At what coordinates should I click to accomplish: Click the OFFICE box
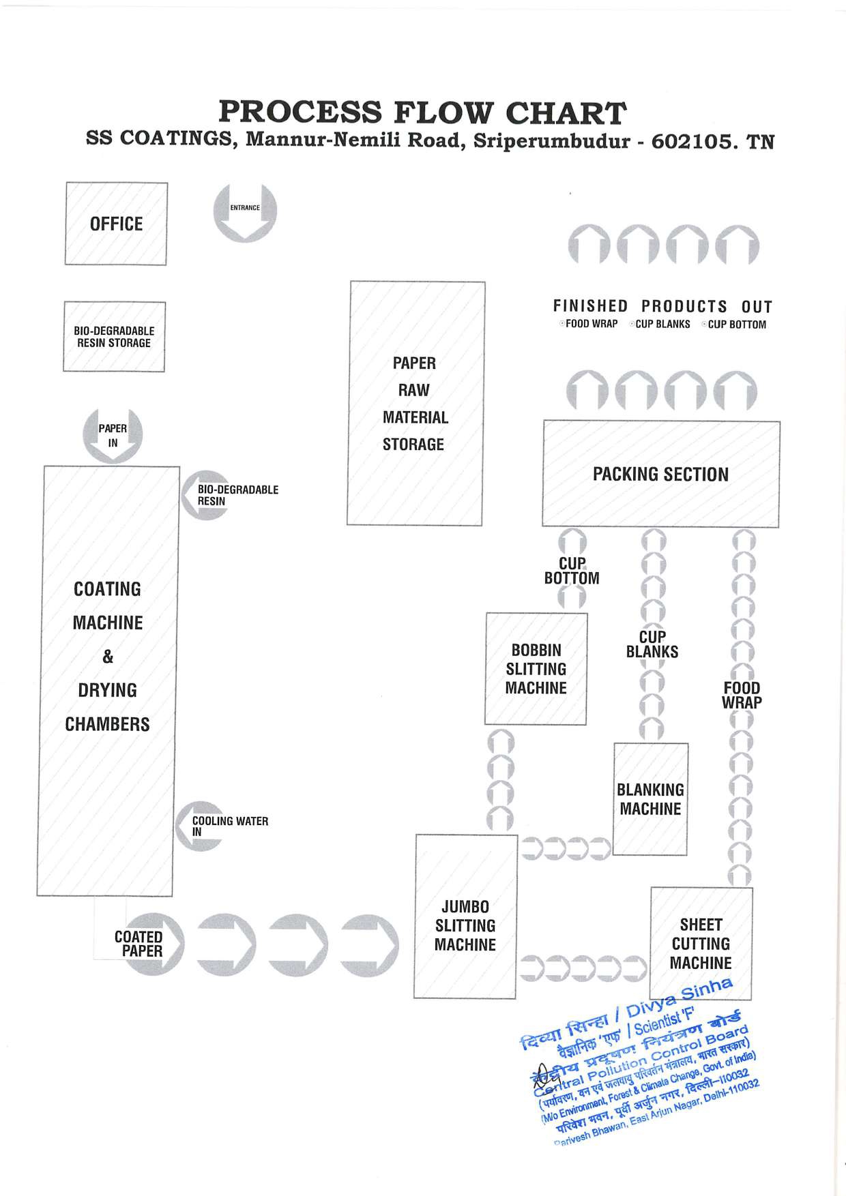click(116, 224)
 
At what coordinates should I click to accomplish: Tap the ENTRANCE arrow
click(245, 212)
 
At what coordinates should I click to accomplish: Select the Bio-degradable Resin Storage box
click(114, 337)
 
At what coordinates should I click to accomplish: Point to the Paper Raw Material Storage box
click(415, 403)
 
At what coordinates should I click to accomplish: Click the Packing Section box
click(660, 474)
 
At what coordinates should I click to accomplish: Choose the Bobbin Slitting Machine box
click(536, 669)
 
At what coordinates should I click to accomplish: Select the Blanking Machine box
click(650, 799)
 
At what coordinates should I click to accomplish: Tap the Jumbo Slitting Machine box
click(465, 925)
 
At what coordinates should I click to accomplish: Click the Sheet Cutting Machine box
click(701, 944)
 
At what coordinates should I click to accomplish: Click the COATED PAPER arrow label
click(139, 944)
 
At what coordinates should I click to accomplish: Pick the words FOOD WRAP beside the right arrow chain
click(742, 695)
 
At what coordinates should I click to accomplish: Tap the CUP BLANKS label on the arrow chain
click(652, 644)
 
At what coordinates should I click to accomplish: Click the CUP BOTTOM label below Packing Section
click(572, 571)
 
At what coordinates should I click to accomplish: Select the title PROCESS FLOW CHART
click(422, 112)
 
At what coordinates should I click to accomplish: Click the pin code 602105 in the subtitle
click(692, 141)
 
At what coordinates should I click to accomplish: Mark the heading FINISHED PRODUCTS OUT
click(662, 306)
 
